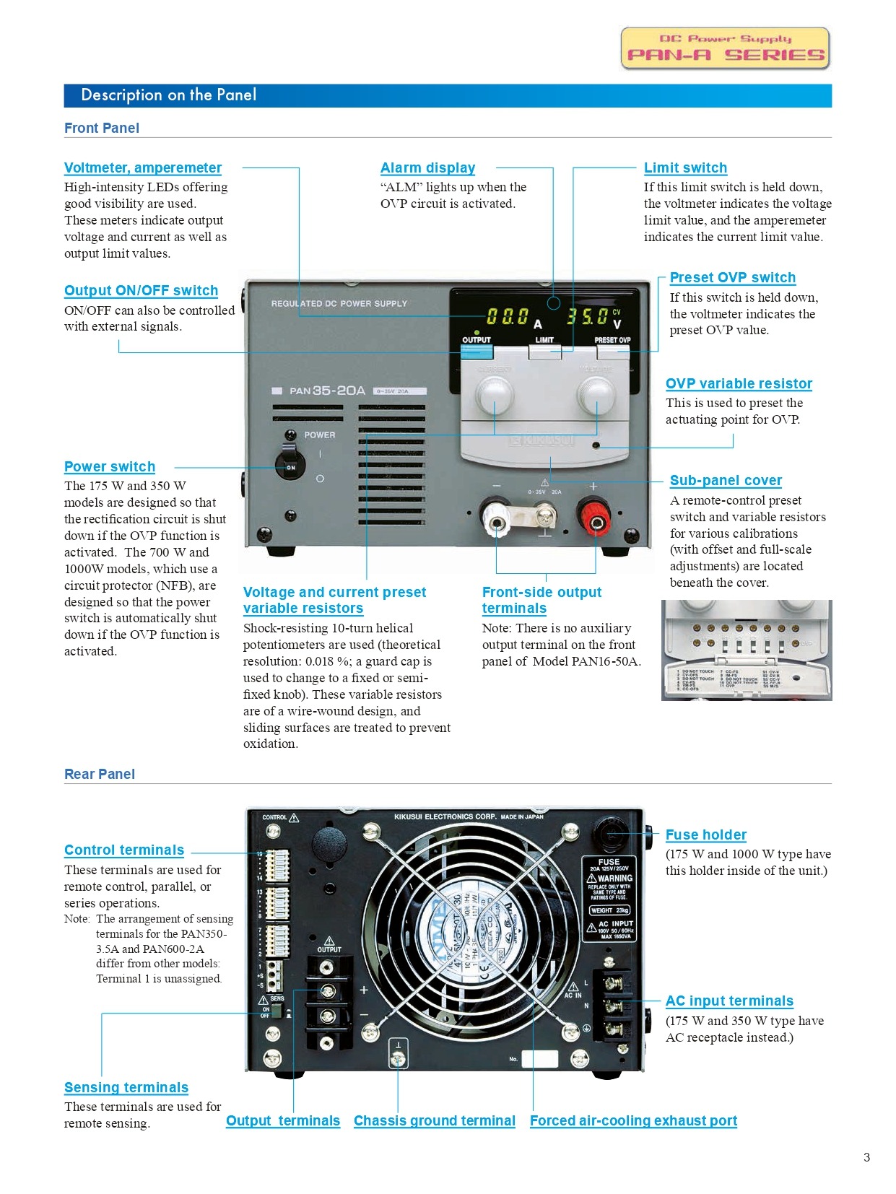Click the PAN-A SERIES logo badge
tap(725, 48)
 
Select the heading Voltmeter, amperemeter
tap(142, 168)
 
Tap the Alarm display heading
tap(427, 168)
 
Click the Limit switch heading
tap(685, 168)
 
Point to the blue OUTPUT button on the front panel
tap(477, 352)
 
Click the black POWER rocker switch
tap(290, 466)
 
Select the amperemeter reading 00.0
tap(507, 317)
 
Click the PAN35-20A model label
tap(327, 391)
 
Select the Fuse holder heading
tap(705, 835)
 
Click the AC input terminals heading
tap(729, 1001)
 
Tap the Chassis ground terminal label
tap(434, 1121)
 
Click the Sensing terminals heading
tap(126, 1088)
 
